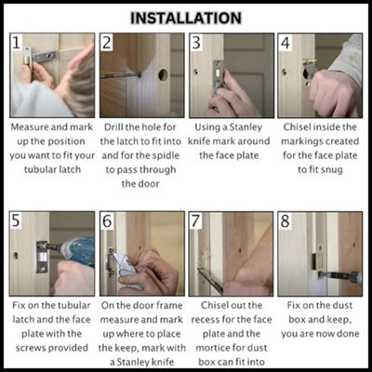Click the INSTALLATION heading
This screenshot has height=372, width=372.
(x=186, y=18)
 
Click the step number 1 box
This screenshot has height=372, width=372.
(x=16, y=42)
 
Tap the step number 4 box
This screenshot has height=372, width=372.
(x=286, y=42)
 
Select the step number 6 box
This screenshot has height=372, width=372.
(x=107, y=220)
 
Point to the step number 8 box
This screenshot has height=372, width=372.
(x=286, y=220)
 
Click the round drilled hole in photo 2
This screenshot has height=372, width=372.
(x=163, y=74)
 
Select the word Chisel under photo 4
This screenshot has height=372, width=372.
(x=297, y=127)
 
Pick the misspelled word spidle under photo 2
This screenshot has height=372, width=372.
(x=165, y=155)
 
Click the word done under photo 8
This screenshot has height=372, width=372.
(x=348, y=334)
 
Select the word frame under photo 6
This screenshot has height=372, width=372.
(x=167, y=305)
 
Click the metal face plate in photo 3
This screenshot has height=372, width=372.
(x=219, y=77)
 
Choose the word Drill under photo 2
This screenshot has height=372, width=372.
(x=113, y=127)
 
